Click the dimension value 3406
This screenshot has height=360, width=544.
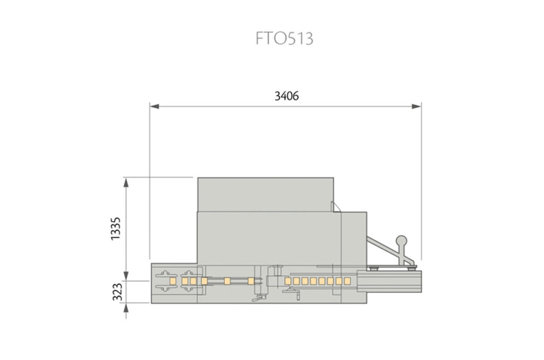(286, 96)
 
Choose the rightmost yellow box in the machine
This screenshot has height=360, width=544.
(346, 280)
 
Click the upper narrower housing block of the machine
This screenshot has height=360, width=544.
(265, 194)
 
